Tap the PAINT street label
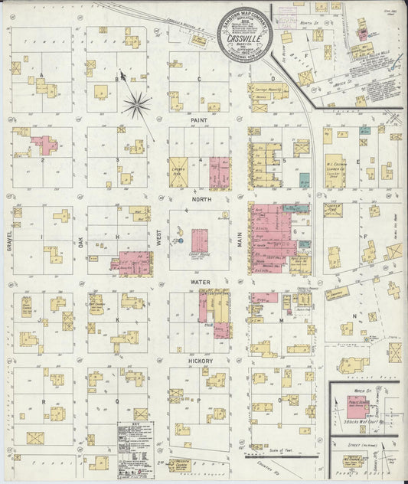click(x=199, y=121)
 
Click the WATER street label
click(x=199, y=281)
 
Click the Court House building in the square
click(x=200, y=238)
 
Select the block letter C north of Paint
click(x=199, y=79)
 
